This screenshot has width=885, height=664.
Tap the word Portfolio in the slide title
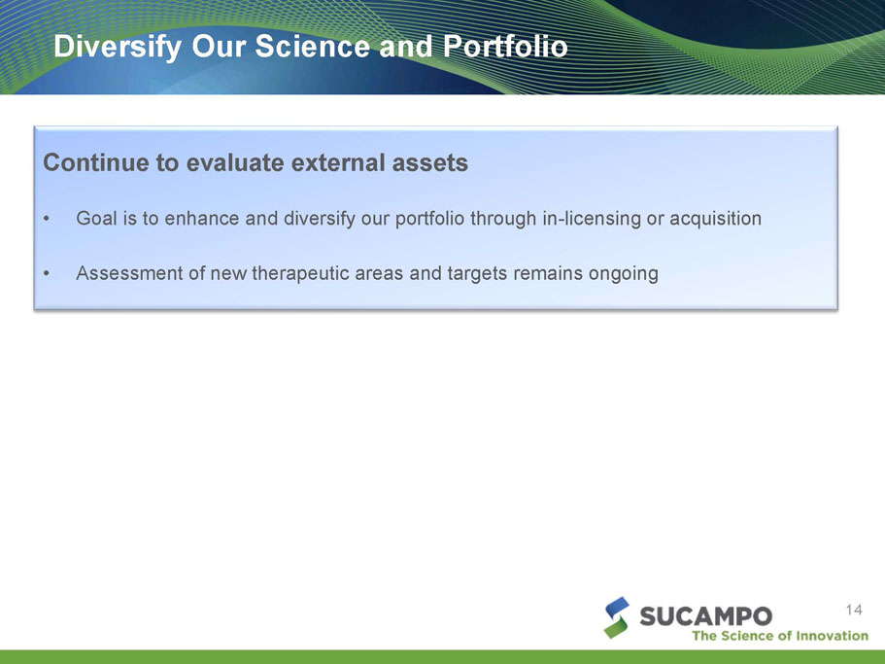tap(505, 47)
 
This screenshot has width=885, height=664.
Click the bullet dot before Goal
tap(47, 219)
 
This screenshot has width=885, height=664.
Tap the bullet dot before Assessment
tap(47, 274)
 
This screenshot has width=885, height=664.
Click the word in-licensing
tap(592, 219)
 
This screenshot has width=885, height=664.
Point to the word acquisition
tap(715, 219)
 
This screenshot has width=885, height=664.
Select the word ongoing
tap(624, 274)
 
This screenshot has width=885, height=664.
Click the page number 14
tap(854, 610)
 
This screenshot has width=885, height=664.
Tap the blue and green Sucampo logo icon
tap(616, 617)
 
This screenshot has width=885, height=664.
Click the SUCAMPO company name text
tap(706, 616)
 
